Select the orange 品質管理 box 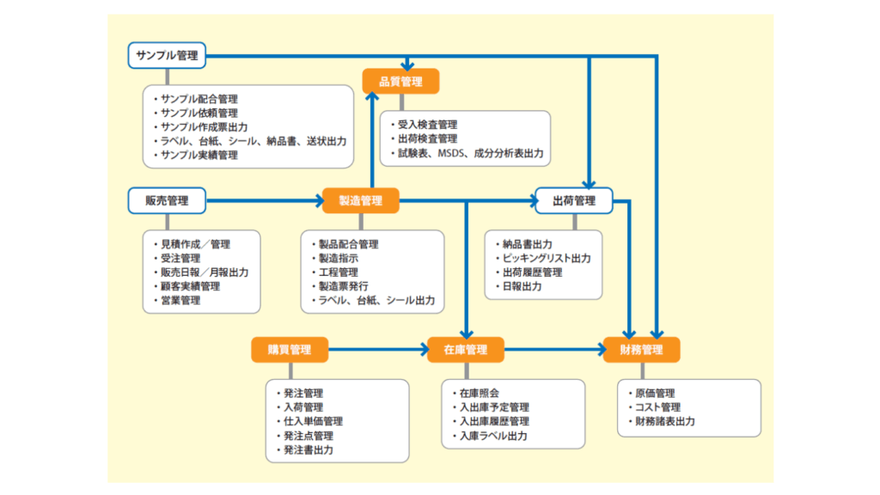coord(400,82)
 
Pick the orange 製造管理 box coord(361,201)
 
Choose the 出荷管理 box coord(573,201)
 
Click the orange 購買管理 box coord(290,350)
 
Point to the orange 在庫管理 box coord(465,350)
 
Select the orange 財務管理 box coord(641,350)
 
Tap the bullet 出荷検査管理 coord(427,139)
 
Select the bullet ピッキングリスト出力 coord(547,258)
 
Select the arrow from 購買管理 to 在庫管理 coord(377,350)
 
